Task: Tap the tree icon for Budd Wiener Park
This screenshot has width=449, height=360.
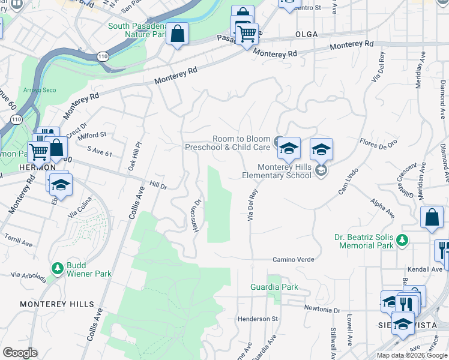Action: (58, 268)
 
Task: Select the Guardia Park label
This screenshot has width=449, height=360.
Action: (274, 287)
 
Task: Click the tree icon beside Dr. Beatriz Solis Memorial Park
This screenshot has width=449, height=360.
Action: (402, 241)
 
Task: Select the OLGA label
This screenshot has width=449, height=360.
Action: (310, 35)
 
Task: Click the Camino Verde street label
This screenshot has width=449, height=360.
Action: (294, 260)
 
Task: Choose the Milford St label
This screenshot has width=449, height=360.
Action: (92, 135)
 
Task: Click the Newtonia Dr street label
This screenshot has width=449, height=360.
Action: (322, 310)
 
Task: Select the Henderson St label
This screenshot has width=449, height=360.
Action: (258, 319)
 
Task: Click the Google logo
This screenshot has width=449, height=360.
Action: (20, 353)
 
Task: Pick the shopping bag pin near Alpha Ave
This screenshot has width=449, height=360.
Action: (432, 219)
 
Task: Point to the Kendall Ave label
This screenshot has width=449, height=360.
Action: (424, 269)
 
